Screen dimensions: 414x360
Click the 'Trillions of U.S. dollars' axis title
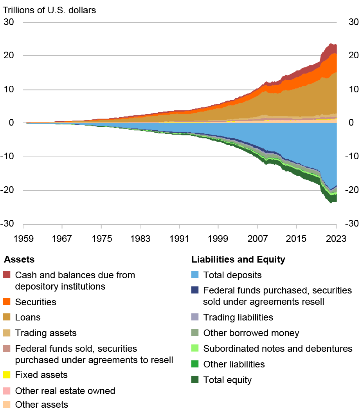click(x=50, y=10)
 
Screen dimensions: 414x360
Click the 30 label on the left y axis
click(x=9, y=22)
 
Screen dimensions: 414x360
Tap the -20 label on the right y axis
click(x=351, y=190)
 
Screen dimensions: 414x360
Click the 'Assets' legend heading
click(x=19, y=259)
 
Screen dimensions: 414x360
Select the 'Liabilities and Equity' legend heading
click(x=238, y=259)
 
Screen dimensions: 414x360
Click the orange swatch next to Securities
click(x=7, y=302)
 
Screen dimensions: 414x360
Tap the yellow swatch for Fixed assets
click(x=7, y=375)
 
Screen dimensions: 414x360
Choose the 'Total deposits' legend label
click(x=232, y=275)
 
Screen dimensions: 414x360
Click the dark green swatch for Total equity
click(x=194, y=380)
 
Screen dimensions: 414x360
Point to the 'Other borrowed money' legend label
click(x=251, y=333)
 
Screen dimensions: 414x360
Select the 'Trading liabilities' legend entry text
click(x=238, y=317)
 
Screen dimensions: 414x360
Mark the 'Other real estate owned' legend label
click(x=65, y=391)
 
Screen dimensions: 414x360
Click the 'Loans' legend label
click(x=28, y=318)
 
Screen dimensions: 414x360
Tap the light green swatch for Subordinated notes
click(x=194, y=348)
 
